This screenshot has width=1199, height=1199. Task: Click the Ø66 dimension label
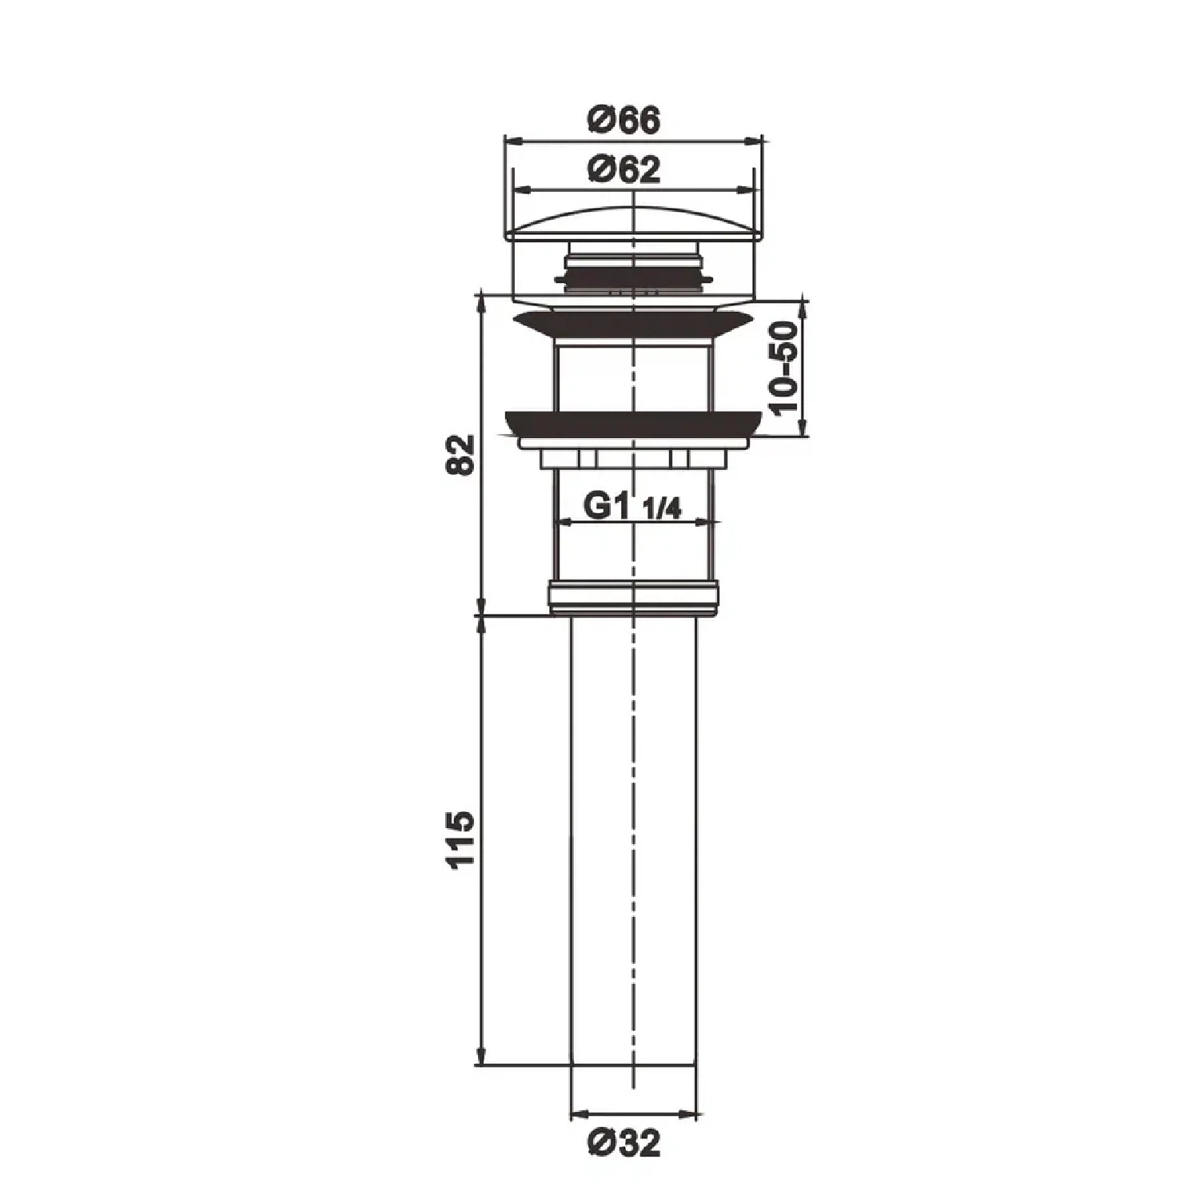click(x=624, y=121)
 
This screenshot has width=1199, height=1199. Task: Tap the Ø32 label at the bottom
click(x=624, y=1145)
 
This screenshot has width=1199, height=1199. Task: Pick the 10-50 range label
click(x=786, y=368)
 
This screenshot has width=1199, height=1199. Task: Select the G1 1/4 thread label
click(x=633, y=507)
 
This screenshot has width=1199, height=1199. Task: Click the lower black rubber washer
click(x=632, y=424)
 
